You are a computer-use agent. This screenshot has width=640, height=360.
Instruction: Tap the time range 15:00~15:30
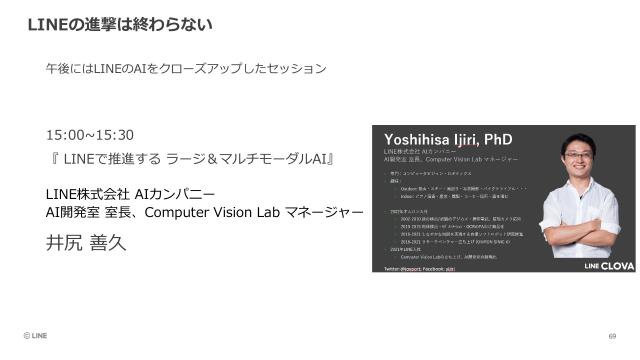pos(90,135)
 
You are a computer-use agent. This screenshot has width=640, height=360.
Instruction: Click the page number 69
pos(612,337)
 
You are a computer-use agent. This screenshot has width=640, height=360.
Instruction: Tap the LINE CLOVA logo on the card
pos(597,260)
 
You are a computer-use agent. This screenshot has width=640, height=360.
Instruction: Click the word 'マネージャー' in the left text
pos(329,212)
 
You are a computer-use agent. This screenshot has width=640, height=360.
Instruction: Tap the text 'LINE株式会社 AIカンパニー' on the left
pos(130,193)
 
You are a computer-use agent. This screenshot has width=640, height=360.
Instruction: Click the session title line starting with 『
pos(190,158)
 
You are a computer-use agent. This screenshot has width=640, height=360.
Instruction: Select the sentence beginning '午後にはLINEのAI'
pos(186,69)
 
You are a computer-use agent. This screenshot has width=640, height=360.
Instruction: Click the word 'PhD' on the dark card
pos(497,138)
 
